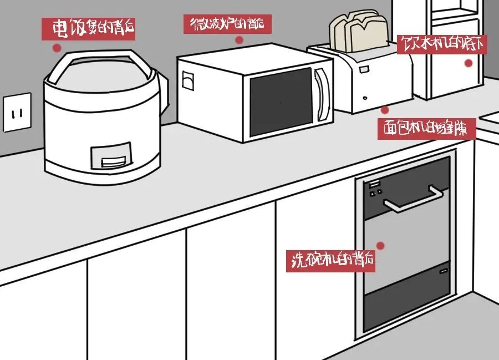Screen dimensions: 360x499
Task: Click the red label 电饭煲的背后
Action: (89, 27)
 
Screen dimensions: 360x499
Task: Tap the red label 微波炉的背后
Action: (227, 24)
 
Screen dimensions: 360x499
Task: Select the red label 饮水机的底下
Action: (442, 45)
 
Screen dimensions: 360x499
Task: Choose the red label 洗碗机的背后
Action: (331, 260)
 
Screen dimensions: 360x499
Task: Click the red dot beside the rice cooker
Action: (56, 48)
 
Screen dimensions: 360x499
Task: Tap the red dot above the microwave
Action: (239, 39)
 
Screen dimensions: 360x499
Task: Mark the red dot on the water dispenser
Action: (468, 63)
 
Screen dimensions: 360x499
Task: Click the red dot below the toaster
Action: (385, 110)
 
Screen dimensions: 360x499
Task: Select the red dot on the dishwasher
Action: (380, 245)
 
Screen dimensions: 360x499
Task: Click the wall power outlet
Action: (17, 113)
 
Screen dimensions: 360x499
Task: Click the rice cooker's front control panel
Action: (111, 156)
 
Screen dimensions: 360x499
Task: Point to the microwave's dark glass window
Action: (281, 103)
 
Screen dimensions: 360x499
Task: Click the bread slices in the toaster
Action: (359, 32)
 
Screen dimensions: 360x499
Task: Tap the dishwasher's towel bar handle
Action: (414, 200)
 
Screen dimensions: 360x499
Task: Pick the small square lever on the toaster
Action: (364, 69)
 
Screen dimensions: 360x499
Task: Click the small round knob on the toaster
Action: (365, 99)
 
